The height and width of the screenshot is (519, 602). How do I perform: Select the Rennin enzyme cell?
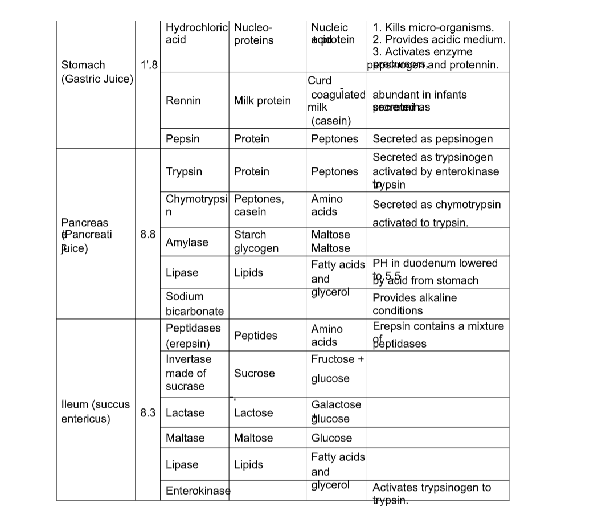[183, 101]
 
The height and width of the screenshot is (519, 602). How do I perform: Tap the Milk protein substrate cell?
[263, 101]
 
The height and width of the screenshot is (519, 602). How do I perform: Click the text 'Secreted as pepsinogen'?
[432, 138]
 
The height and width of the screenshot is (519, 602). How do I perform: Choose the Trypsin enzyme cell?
[183, 171]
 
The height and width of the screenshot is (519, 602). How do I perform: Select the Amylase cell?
[187, 242]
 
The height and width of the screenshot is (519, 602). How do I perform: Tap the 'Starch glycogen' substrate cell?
[256, 242]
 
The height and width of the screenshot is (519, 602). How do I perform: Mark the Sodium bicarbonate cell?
[194, 304]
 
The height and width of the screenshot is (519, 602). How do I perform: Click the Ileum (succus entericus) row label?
[95, 411]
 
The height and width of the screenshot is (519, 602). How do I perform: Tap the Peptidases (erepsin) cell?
[193, 336]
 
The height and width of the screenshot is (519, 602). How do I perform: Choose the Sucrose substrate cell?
[254, 373]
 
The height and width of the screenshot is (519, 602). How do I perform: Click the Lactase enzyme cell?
[185, 412]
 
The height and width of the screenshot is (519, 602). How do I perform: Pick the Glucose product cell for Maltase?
[331, 438]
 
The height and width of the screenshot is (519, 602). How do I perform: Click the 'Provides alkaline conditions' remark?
[414, 304]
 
